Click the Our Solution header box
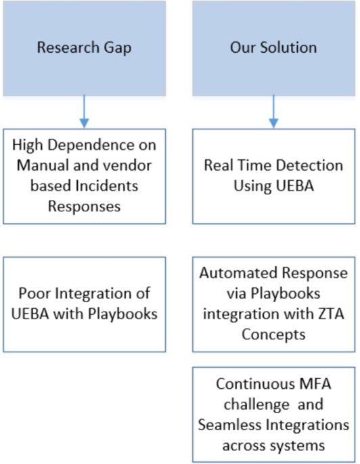tap(273, 48)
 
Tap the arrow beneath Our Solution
tap(273, 111)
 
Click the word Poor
tap(35, 294)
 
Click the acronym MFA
tap(315, 384)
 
